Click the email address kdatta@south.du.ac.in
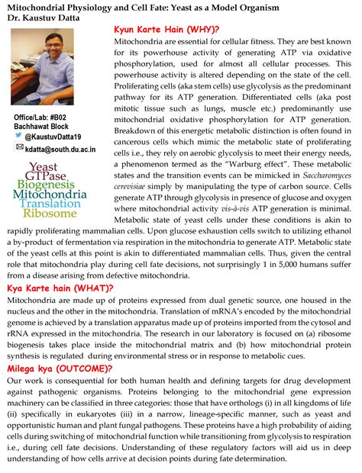60,150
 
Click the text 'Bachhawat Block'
41,125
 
